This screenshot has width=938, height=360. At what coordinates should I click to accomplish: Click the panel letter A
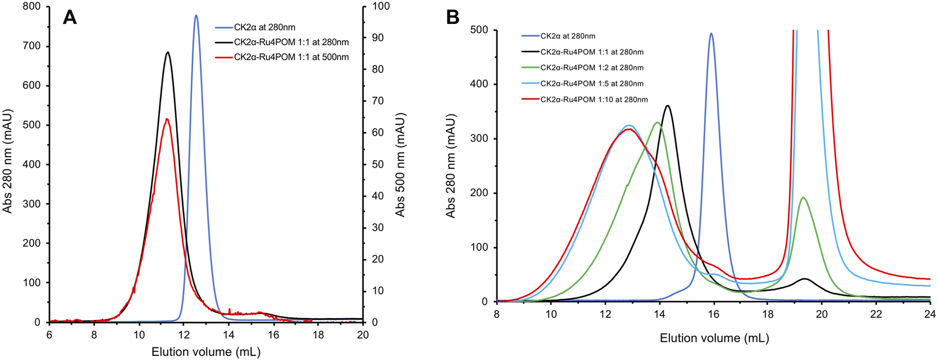[70, 17]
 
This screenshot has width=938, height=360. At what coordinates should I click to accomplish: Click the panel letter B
[453, 17]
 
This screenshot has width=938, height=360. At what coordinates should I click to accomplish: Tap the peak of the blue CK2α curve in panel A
[196, 15]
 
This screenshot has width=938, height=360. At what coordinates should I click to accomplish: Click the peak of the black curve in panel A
[168, 52]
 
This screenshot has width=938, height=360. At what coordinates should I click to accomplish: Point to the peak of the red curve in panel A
[167, 119]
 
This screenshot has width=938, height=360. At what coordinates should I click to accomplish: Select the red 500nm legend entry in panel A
[291, 57]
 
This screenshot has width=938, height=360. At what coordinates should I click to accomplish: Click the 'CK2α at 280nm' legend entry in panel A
[264, 27]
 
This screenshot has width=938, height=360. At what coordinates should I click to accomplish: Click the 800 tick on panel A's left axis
[33, 7]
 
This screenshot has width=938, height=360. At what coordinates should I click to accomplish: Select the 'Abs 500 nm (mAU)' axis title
[400, 164]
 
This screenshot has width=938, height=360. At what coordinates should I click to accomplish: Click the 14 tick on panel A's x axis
[229, 335]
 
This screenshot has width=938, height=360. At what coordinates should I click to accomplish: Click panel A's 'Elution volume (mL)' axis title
[206, 352]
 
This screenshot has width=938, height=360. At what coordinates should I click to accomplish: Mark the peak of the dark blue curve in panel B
[711, 34]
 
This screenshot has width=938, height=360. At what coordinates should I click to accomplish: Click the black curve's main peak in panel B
[668, 106]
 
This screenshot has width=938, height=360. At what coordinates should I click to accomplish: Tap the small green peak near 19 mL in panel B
[803, 197]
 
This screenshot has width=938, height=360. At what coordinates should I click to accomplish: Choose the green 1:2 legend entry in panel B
[592, 68]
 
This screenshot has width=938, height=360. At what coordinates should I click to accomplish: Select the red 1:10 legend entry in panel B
[594, 100]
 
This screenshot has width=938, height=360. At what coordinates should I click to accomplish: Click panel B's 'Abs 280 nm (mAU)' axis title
[450, 165]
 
